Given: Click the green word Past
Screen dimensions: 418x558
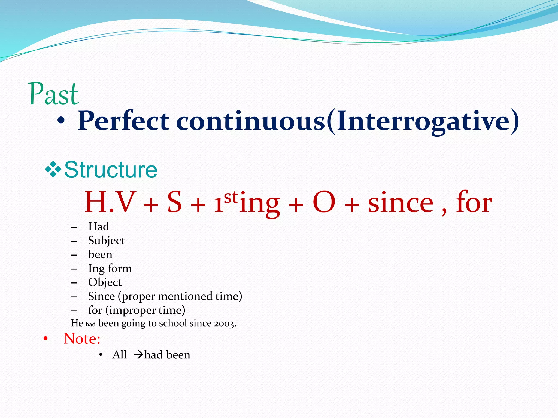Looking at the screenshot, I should pyautogui.click(x=54, y=94).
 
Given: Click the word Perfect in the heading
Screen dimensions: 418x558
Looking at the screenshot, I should pyautogui.click(x=123, y=121).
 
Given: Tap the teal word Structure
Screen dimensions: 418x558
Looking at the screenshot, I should pyautogui.click(x=111, y=170).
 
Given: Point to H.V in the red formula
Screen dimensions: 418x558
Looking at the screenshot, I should pyautogui.click(x=110, y=202).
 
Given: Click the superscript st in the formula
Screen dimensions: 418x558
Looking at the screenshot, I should pyautogui.click(x=231, y=197).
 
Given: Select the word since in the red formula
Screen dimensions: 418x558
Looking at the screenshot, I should pyautogui.click(x=401, y=203).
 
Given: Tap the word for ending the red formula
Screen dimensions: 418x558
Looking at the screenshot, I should pyautogui.click(x=474, y=202).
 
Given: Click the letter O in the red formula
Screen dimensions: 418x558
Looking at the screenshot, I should pyautogui.click(x=324, y=202).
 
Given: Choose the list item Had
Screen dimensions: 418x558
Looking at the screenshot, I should pyautogui.click(x=99, y=226).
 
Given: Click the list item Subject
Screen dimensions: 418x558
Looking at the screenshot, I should pyautogui.click(x=107, y=241).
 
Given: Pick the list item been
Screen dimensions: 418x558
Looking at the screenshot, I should pyautogui.click(x=100, y=254).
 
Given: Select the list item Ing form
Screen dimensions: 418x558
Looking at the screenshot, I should pyautogui.click(x=110, y=268).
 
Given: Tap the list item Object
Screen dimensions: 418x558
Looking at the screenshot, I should pyautogui.click(x=105, y=282).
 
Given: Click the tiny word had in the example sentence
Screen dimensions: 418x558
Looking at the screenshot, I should pyautogui.click(x=90, y=324).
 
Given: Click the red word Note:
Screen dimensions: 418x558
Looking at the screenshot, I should pyautogui.click(x=82, y=339).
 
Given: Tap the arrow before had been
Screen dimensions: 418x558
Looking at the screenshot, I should pyautogui.click(x=138, y=355).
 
